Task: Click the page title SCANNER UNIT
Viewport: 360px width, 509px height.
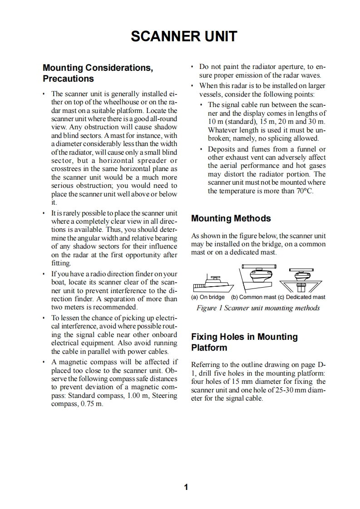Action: [183, 36]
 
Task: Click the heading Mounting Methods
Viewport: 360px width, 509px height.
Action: [231, 218]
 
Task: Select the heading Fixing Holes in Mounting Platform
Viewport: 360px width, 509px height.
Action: [244, 342]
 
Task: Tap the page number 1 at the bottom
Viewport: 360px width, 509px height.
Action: [185, 488]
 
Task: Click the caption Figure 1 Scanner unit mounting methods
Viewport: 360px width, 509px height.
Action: [258, 308]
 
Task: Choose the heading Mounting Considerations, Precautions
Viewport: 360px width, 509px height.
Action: [98, 73]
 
